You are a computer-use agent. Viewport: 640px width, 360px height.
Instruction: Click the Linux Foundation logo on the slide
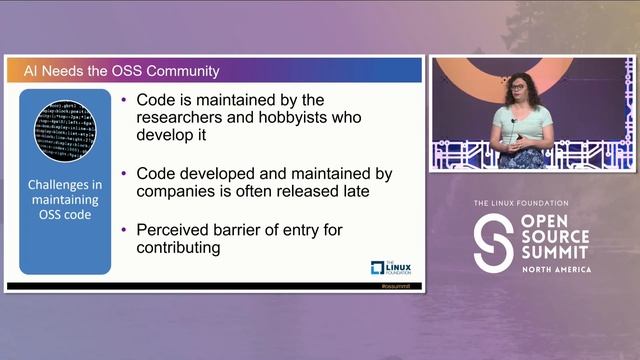(x=391, y=267)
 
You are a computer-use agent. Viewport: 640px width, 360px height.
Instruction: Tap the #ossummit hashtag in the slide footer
(x=397, y=286)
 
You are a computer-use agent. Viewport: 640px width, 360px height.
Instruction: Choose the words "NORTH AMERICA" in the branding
(x=555, y=269)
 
